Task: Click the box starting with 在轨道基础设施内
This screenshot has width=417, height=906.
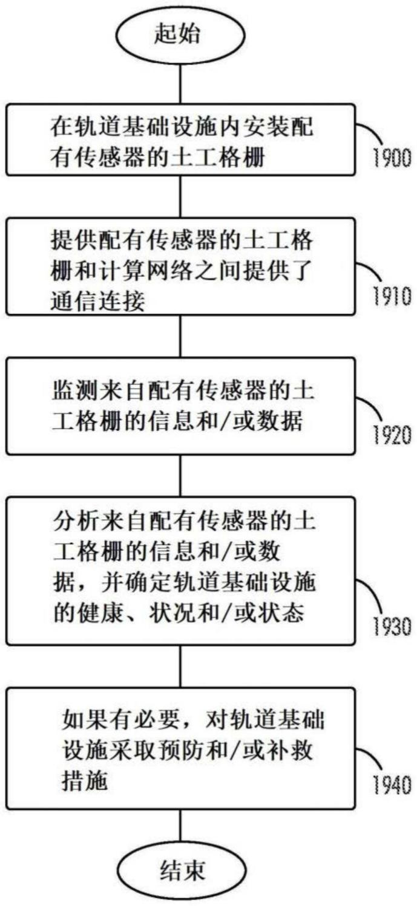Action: tap(180, 140)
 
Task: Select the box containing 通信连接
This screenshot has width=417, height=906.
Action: tap(180, 267)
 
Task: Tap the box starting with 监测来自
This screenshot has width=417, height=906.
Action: tap(180, 406)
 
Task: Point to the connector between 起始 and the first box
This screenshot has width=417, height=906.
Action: tap(180, 85)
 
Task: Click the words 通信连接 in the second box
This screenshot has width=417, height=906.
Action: tap(97, 301)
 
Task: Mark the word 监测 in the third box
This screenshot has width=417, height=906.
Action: tap(75, 391)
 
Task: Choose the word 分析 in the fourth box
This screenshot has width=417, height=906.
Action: tap(76, 522)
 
